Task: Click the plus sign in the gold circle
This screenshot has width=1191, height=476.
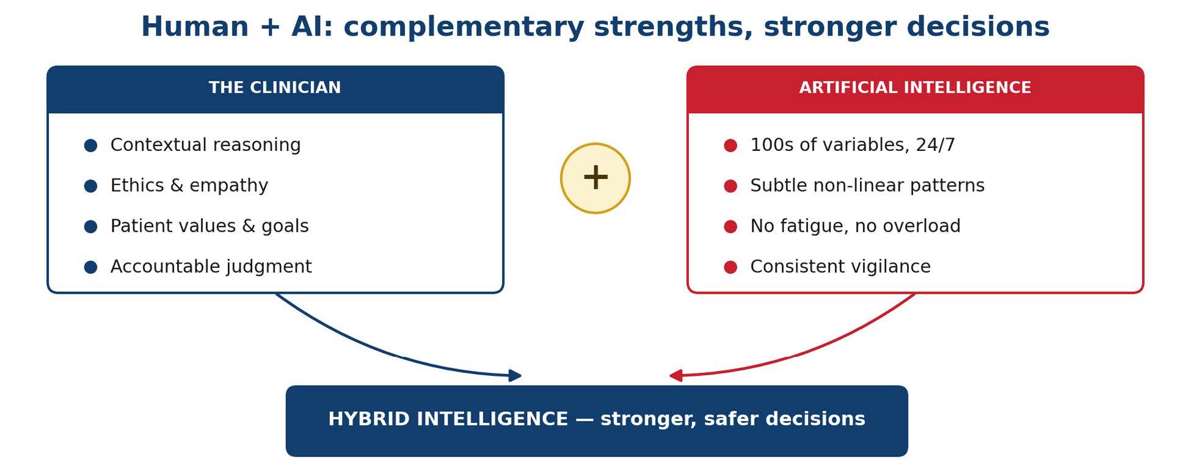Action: point(595,178)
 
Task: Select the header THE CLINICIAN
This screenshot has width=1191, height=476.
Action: point(275,88)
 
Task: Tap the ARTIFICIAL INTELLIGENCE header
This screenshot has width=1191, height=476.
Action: point(915,88)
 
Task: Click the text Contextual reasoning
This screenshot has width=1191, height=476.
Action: point(205,145)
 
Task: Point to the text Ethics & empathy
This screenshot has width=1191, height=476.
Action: point(189,186)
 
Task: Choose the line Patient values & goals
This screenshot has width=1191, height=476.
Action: point(209,226)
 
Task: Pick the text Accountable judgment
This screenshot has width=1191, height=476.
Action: point(211,267)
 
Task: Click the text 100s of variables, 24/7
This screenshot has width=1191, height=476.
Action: point(853,145)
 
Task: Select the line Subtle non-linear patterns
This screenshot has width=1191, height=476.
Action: point(867,186)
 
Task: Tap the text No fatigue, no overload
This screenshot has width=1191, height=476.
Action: point(855,226)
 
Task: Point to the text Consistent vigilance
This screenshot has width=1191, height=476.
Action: point(840,267)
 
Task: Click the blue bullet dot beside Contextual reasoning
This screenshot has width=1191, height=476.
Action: point(90,145)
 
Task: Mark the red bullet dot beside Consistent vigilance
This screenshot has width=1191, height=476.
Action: point(730,267)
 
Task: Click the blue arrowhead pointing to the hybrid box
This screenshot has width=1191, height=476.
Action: point(515,376)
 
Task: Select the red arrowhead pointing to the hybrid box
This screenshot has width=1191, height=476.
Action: point(676,376)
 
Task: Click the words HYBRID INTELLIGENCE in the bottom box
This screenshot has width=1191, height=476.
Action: point(448,419)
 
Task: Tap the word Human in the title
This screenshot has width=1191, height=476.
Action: point(195,27)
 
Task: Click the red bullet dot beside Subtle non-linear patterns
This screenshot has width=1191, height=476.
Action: point(730,186)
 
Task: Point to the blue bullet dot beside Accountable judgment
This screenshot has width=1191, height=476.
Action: point(90,267)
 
